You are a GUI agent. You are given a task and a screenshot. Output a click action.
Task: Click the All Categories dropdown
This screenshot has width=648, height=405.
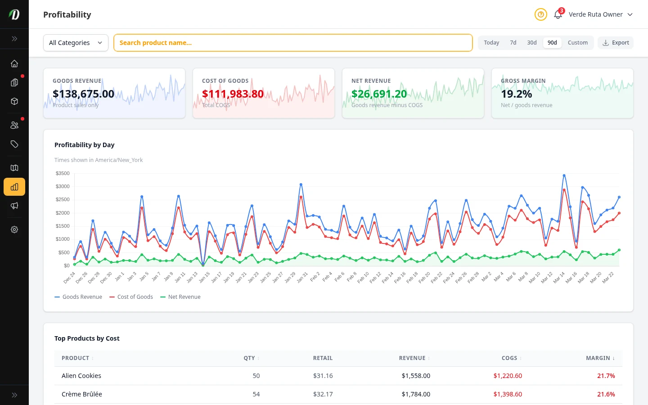point(76,43)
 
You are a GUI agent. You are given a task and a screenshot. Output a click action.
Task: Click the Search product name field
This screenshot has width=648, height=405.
point(292,43)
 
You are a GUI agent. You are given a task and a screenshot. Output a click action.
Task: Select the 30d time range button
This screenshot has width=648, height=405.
point(531,43)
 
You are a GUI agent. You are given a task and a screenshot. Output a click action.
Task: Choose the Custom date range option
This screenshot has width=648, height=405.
point(577,43)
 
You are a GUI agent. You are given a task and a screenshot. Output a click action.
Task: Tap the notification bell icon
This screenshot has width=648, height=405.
point(558,15)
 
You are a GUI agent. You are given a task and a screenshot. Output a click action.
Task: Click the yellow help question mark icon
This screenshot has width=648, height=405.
point(540,15)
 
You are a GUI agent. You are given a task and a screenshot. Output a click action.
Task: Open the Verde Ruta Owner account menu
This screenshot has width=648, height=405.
point(600,14)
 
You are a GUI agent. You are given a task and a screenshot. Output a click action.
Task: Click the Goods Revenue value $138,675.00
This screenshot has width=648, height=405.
point(83,94)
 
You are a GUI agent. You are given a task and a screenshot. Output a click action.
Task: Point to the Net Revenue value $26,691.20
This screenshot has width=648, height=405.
point(379,94)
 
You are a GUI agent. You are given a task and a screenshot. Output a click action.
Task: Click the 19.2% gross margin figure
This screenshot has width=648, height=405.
point(516,94)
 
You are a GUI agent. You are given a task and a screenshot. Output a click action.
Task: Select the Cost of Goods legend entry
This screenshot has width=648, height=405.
point(131,297)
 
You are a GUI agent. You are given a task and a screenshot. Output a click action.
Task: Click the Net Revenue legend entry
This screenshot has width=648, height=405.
point(180,297)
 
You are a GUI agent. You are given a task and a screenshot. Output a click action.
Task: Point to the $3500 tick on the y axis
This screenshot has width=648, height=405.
point(63,173)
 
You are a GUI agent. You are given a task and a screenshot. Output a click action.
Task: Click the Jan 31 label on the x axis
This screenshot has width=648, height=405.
point(302,278)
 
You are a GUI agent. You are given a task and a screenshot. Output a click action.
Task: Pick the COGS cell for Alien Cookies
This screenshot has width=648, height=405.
point(508,376)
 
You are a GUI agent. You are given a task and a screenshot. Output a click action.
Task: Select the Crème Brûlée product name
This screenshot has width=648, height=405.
point(82,394)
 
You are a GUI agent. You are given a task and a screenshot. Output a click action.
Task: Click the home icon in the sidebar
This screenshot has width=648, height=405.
point(14,63)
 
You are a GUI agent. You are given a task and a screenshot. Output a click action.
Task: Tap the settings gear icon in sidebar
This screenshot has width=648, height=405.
point(14,229)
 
